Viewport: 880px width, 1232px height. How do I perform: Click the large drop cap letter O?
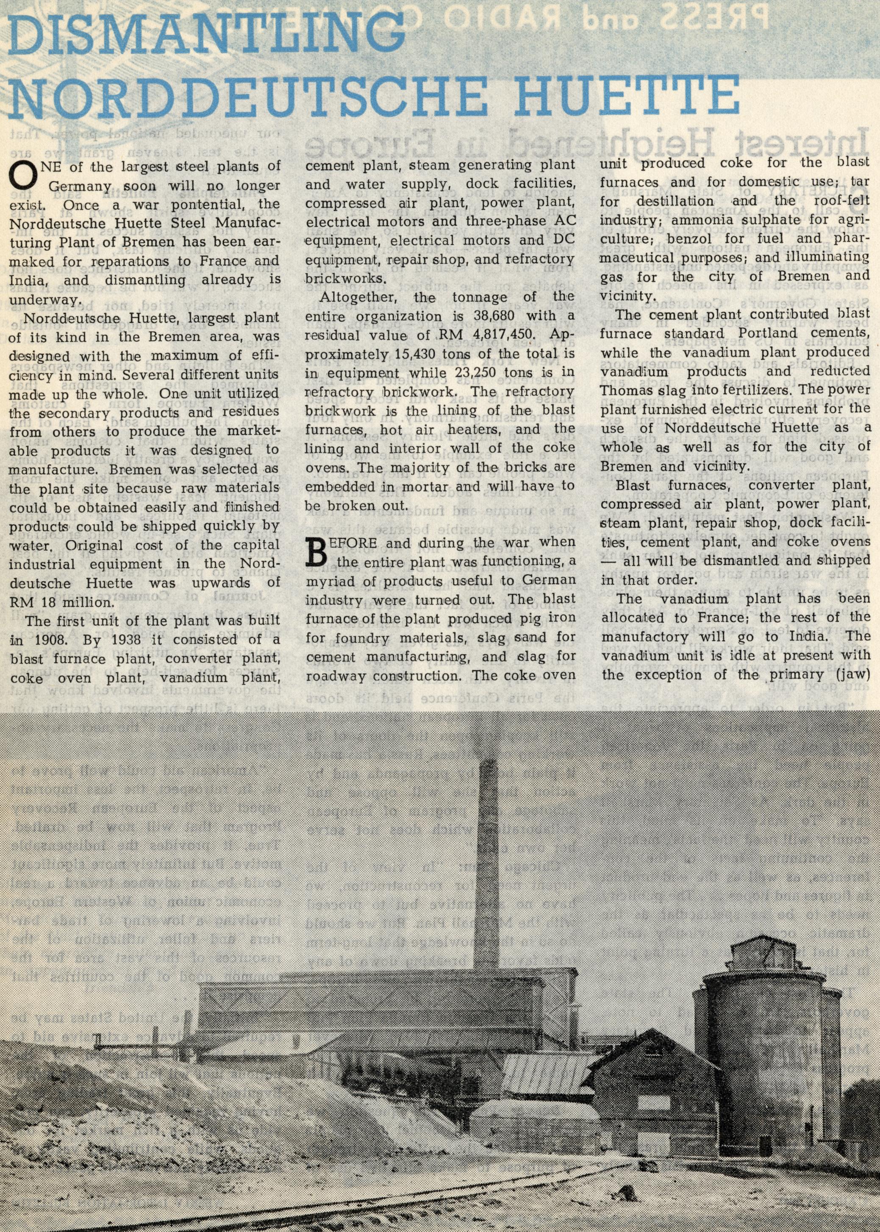pos(20,175)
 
